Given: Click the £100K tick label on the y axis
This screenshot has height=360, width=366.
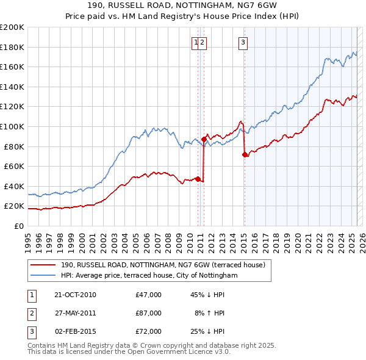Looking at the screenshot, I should tap(12, 126).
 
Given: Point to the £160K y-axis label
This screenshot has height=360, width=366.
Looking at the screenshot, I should tap(12, 67).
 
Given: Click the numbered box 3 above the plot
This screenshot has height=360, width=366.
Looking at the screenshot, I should tap(243, 42).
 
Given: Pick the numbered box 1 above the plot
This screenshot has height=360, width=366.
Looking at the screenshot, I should tap(196, 42).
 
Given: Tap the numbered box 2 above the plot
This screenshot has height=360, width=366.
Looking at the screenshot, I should tap(203, 42).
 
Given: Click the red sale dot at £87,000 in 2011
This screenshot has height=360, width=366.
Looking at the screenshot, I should tap(204, 139).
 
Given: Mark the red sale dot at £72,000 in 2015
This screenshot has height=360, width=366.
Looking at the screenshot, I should tap(245, 154).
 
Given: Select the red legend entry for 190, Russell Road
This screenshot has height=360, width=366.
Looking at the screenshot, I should tap(162, 265).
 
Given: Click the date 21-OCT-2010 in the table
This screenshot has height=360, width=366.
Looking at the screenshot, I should tap(75, 295).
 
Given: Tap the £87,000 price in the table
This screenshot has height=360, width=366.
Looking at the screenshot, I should tap(149, 313).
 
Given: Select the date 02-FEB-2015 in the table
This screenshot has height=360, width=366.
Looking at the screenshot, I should tap(75, 331).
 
